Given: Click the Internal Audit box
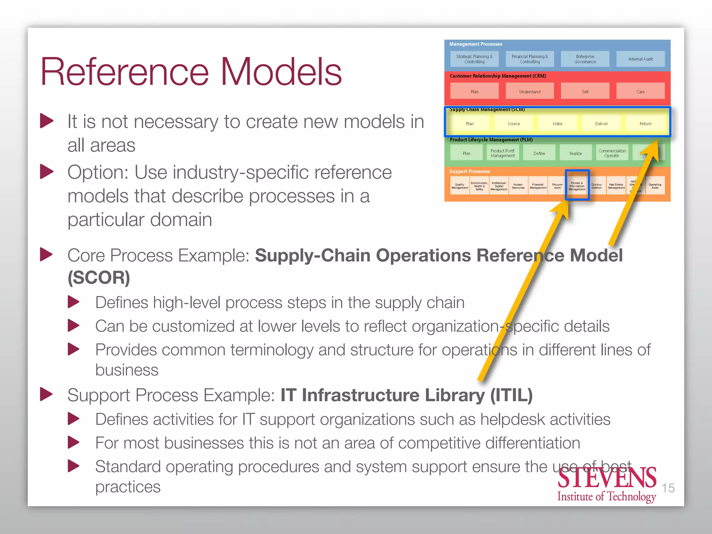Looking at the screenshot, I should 640,59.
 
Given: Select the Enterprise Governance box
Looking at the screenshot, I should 585,59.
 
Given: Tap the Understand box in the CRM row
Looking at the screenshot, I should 529,91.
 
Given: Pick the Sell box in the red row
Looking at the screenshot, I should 585,91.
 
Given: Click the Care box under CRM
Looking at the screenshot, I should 640,91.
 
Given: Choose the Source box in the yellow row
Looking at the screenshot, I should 513,123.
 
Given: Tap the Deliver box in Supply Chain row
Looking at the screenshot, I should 601,123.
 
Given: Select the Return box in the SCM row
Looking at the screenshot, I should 645,123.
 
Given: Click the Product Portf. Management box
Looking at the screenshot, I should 503,153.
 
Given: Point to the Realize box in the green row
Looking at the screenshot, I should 576,153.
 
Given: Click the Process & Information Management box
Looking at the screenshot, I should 577,186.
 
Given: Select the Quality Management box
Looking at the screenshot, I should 460,186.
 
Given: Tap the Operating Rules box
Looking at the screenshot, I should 655,186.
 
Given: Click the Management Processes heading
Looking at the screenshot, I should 476,44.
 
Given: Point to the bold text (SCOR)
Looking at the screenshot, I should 99,278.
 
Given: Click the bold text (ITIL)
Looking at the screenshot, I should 511,395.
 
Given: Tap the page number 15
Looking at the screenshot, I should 668,488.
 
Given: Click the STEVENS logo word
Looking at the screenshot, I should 607,478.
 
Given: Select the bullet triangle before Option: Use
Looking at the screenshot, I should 47,172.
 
